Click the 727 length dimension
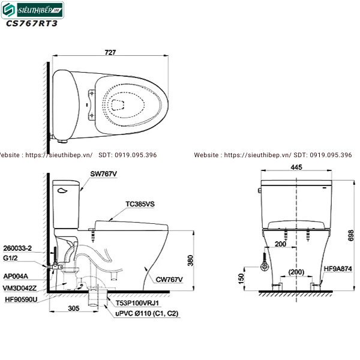[110, 52]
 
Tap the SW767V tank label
[104, 173]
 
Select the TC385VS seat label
[140, 204]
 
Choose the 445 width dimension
[296, 167]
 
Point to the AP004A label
[16, 277]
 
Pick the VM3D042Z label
[20, 287]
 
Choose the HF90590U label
[21, 298]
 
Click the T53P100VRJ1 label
[139, 304]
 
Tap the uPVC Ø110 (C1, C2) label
[147, 313]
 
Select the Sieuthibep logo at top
[33, 9]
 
